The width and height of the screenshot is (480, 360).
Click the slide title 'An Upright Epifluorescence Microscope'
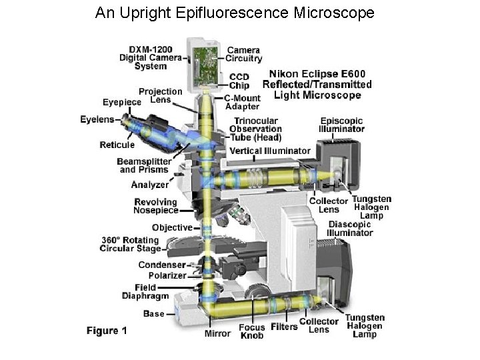coord(235,13)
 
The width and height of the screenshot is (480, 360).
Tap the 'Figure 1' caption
coord(107,330)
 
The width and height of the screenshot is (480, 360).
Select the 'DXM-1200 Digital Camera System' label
coord(151,57)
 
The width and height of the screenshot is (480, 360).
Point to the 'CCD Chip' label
coord(239,81)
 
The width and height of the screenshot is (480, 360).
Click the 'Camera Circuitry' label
coord(245,54)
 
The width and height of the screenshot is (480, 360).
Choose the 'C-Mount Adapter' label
coord(242,103)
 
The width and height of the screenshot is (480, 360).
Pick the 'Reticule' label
coord(117,145)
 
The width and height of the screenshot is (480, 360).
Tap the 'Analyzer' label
coord(150,185)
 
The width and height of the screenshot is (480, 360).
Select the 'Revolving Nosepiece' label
coord(156,206)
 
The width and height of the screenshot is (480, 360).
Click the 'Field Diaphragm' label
coord(145,292)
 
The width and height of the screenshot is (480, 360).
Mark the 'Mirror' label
coord(218,333)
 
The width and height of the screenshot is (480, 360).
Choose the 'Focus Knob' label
coord(252,331)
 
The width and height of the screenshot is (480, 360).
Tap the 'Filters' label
coord(284,327)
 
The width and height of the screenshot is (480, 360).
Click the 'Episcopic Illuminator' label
coord(341,125)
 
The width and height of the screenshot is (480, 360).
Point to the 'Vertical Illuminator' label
coord(270,151)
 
